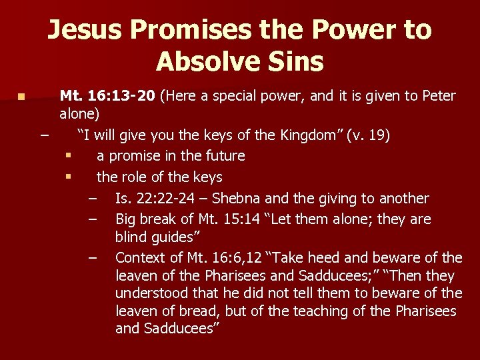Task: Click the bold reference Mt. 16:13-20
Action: click(107, 97)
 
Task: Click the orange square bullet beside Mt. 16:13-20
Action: click(22, 97)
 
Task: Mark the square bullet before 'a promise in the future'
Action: click(68, 156)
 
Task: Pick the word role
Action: click(134, 177)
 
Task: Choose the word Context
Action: click(139, 258)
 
